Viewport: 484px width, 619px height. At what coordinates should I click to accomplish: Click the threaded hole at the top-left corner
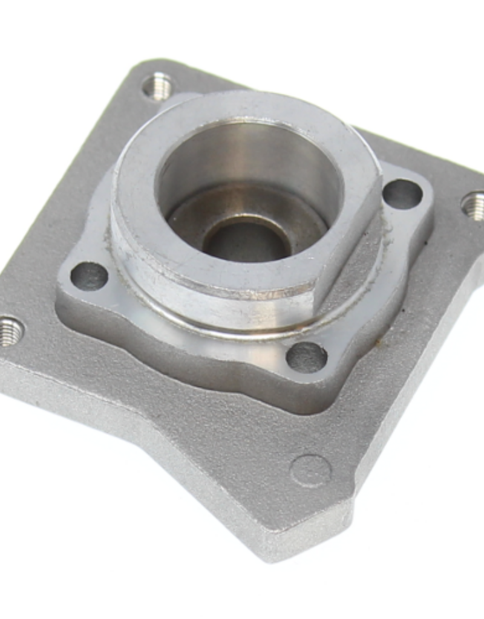tap(158, 86)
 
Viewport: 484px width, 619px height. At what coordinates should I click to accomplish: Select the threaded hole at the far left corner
tap(10, 331)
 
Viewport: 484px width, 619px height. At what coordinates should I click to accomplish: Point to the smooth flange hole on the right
tap(402, 194)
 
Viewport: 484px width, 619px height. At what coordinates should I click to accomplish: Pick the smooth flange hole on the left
tap(89, 276)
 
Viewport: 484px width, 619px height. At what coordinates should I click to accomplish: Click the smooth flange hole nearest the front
tap(306, 357)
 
